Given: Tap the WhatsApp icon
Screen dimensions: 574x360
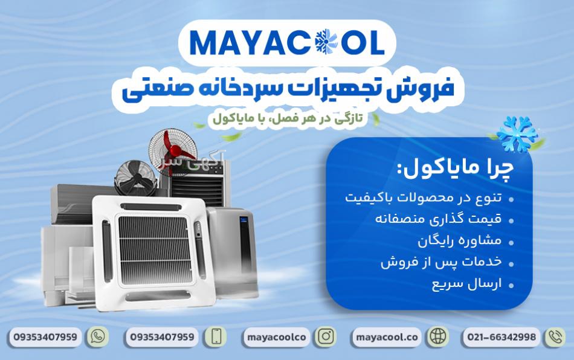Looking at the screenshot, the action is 97,336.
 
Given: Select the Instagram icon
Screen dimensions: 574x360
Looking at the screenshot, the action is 326,336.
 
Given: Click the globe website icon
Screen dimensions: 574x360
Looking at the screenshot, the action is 438,336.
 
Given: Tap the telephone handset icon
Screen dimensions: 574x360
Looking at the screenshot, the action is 556,337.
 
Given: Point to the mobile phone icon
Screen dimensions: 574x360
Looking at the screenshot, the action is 216,336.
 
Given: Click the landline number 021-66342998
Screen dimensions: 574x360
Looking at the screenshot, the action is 501,337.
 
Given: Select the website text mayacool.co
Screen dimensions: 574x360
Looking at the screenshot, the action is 387,337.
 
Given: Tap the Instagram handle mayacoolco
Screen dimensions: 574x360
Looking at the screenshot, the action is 276,337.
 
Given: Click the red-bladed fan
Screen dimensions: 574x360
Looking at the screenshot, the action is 173,150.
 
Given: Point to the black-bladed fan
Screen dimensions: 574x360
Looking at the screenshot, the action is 136,178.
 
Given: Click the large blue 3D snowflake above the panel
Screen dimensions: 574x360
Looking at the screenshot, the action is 517,134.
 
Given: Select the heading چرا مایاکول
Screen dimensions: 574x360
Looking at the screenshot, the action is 455,169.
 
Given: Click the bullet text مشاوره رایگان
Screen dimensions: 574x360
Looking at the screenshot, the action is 459,240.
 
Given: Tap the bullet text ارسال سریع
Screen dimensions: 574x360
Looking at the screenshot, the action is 466,284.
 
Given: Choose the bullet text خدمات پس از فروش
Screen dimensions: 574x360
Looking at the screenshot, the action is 441,262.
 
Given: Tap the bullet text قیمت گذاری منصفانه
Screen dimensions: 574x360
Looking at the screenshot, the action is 438,219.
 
